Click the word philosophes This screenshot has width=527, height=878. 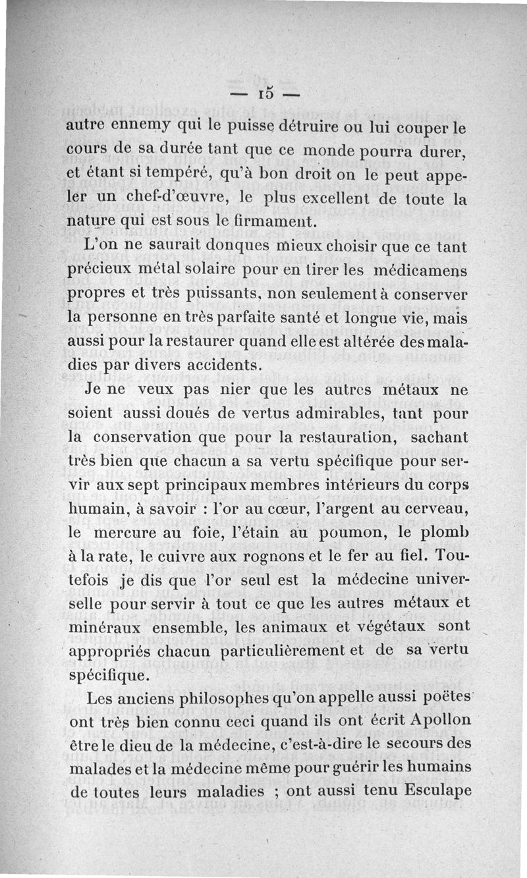coord(196,698)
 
